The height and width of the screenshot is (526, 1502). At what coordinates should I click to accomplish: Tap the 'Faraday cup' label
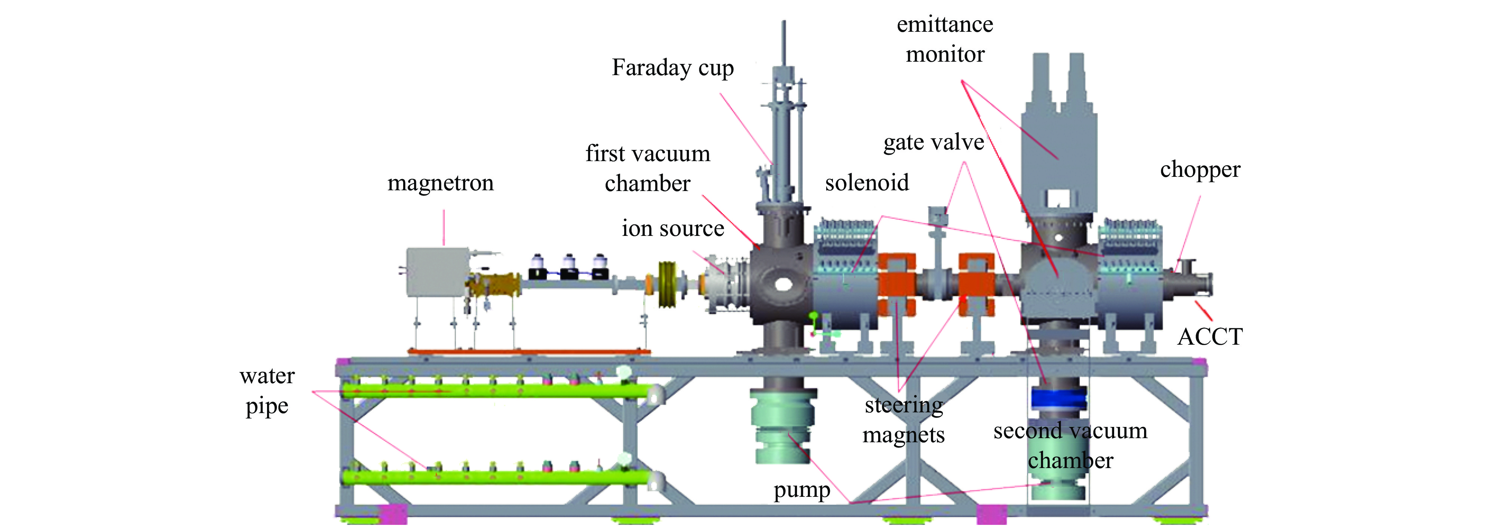[672, 68]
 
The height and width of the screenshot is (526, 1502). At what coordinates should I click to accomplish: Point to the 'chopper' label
[1200, 170]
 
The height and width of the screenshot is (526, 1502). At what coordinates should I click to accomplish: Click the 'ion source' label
[672, 228]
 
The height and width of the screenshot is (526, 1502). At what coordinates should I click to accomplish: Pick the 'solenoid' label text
[867, 183]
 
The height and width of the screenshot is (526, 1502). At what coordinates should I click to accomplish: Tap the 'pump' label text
[802, 490]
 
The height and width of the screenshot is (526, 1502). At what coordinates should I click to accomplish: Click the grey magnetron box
[436, 272]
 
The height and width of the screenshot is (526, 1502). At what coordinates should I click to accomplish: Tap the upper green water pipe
[496, 390]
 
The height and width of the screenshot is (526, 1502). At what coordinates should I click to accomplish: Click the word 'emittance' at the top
[945, 25]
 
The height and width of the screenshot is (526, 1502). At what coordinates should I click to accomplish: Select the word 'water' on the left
[267, 376]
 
